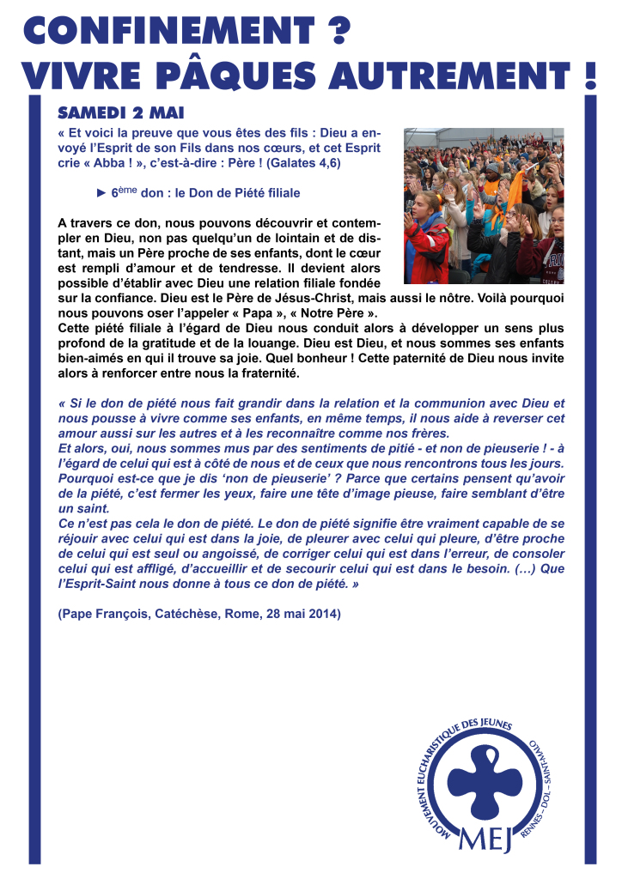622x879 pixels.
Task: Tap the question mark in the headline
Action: click(x=338, y=31)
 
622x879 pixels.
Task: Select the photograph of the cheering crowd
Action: click(x=484, y=206)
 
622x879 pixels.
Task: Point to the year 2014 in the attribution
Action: click(x=325, y=615)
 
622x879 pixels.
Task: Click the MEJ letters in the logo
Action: click(x=486, y=839)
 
